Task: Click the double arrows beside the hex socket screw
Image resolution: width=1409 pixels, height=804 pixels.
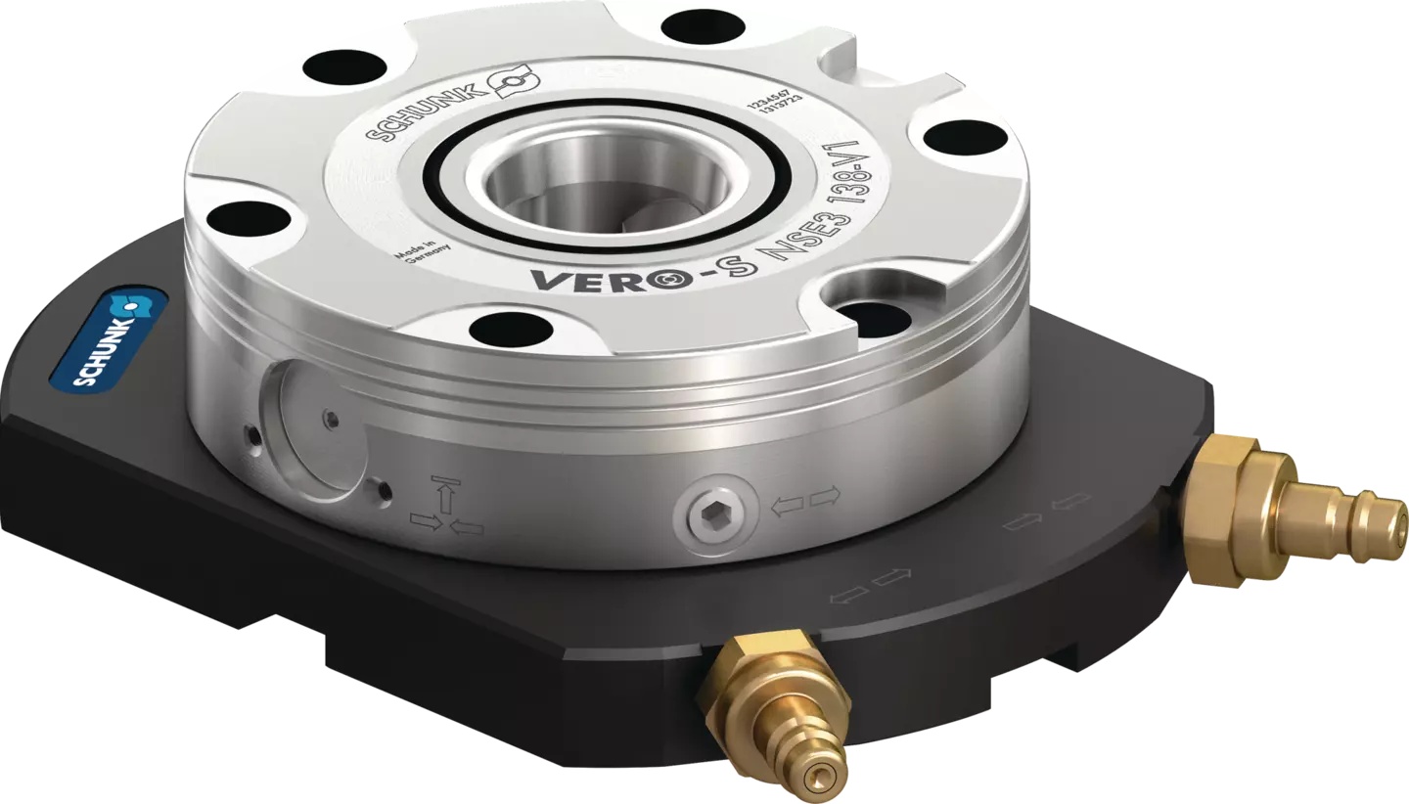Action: [x=805, y=500]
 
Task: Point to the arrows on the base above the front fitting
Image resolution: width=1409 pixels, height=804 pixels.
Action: [x=870, y=585]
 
